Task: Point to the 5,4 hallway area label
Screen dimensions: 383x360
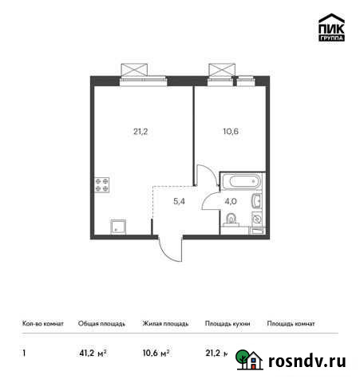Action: click(x=180, y=202)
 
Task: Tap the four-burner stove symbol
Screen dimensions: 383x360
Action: click(x=103, y=186)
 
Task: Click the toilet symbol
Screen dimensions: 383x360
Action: click(x=231, y=219)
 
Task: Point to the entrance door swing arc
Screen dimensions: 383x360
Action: click(x=169, y=251)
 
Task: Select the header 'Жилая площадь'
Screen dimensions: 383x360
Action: click(x=165, y=324)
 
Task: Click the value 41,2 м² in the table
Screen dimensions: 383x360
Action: click(x=93, y=352)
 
